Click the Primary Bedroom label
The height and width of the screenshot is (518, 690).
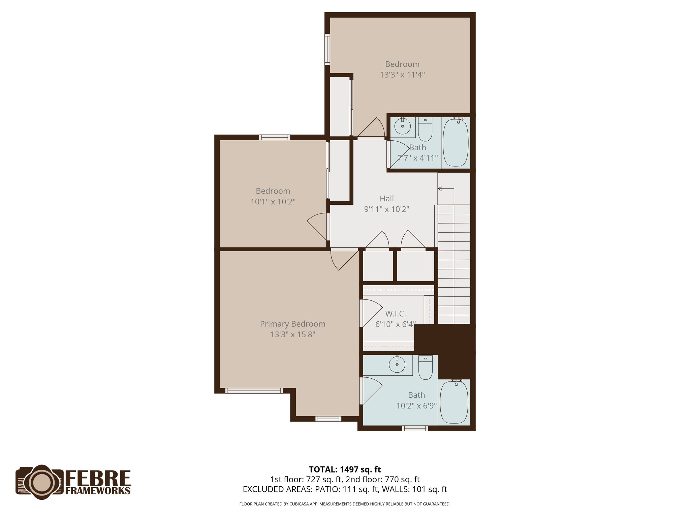click(x=292, y=324)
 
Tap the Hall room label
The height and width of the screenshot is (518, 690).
click(x=386, y=199)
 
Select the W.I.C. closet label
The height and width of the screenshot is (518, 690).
click(x=396, y=314)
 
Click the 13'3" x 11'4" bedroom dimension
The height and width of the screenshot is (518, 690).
click(x=402, y=75)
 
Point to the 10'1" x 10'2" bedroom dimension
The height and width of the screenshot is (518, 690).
click(x=273, y=202)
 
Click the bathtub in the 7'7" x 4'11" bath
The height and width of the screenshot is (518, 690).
click(x=456, y=142)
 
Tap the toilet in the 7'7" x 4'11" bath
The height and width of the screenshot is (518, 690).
click(x=425, y=129)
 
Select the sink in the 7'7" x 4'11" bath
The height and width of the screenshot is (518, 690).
click(x=402, y=126)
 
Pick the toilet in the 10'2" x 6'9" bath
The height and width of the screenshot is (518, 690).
click(x=425, y=368)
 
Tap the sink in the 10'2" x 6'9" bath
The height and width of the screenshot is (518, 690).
click(x=397, y=364)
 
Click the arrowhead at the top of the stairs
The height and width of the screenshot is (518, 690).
click(x=440, y=189)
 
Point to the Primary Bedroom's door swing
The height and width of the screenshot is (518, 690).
click(x=344, y=260)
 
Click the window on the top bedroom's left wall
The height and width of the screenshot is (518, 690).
click(x=327, y=49)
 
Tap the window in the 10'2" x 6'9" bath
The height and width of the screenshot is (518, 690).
click(x=415, y=428)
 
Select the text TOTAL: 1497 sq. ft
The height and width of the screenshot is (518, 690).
click(x=345, y=469)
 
